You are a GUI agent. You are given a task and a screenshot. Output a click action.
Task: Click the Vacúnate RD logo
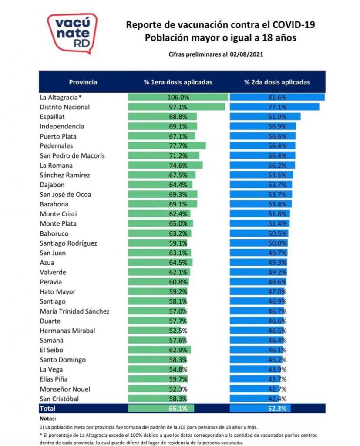72,34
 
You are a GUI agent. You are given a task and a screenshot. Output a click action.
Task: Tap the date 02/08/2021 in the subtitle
246,54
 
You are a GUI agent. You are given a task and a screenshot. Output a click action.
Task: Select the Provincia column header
83,82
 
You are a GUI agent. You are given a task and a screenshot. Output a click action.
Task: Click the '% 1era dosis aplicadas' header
178,82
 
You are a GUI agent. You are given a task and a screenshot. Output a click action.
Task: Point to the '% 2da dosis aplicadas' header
277,82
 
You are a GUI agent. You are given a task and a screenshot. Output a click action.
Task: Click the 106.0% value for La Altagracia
178,97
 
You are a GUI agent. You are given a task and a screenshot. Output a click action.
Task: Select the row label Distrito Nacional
64,107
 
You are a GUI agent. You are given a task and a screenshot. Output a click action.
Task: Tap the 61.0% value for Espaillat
277,117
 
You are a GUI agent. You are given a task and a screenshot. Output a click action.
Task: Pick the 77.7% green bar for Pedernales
167,145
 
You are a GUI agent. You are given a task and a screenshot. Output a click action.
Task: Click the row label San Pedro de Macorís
72,155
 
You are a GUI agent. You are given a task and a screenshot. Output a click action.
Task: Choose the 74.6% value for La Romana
178,165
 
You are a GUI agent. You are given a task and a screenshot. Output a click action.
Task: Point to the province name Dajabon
52,185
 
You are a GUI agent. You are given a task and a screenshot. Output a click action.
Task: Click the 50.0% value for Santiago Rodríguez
277,243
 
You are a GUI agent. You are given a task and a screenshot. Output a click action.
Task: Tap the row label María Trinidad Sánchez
74,311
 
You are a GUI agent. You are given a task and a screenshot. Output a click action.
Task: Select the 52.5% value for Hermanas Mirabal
178,331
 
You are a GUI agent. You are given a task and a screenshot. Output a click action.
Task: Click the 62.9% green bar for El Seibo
159,350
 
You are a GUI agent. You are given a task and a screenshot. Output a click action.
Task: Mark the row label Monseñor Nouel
65,389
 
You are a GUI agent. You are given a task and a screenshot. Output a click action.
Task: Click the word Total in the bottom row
47,409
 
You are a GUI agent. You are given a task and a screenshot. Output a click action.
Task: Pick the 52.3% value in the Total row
277,409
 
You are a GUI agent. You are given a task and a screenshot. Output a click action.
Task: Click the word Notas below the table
48,419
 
